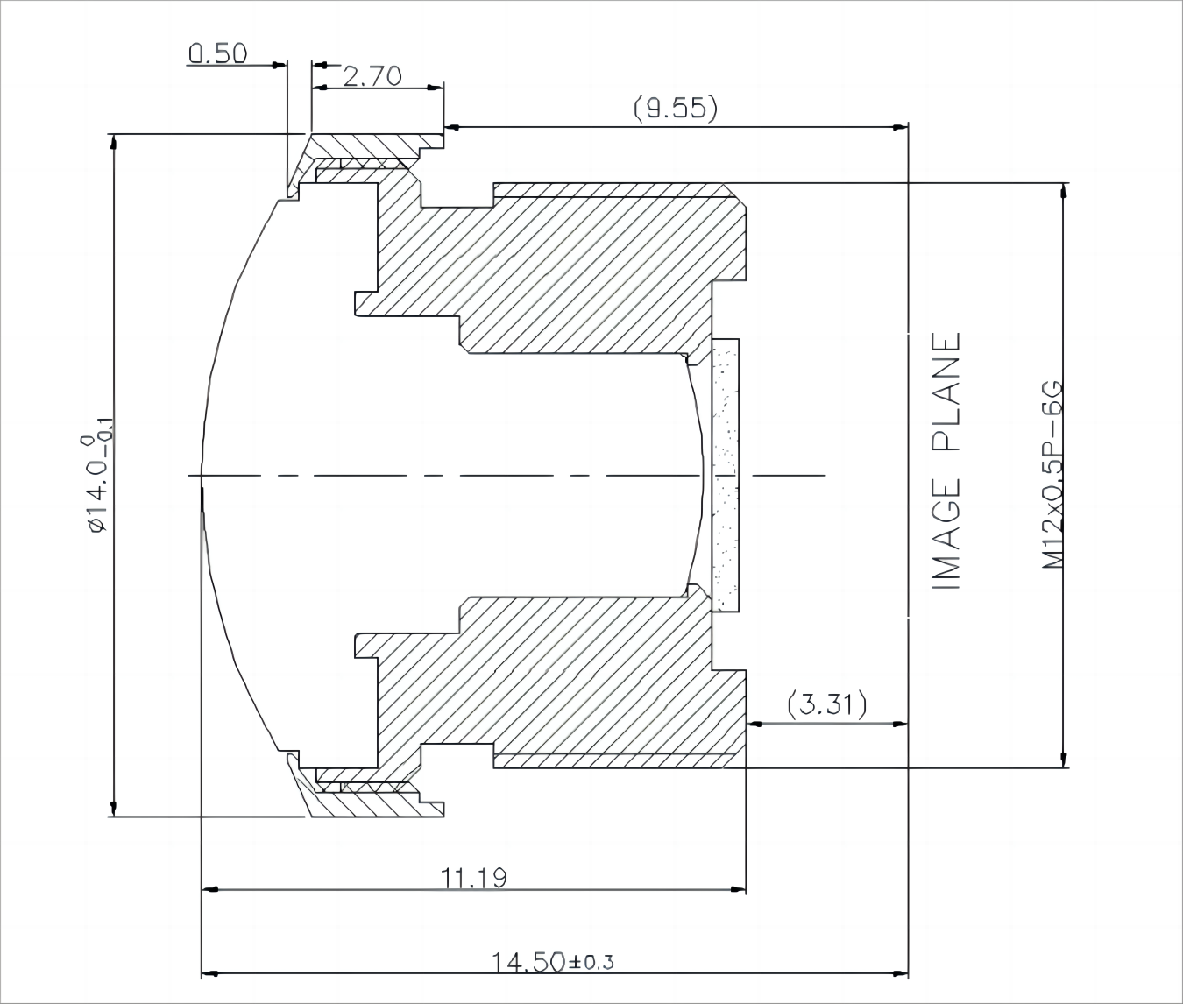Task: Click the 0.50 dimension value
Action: pyautogui.click(x=217, y=53)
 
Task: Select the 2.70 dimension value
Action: pyautogui.click(x=372, y=76)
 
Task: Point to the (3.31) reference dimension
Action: pyautogui.click(x=827, y=704)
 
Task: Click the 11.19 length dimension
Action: pyautogui.click(x=473, y=878)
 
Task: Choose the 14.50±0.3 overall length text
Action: pyautogui.click(x=553, y=963)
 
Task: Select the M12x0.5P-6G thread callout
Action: pyautogui.click(x=1052, y=475)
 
